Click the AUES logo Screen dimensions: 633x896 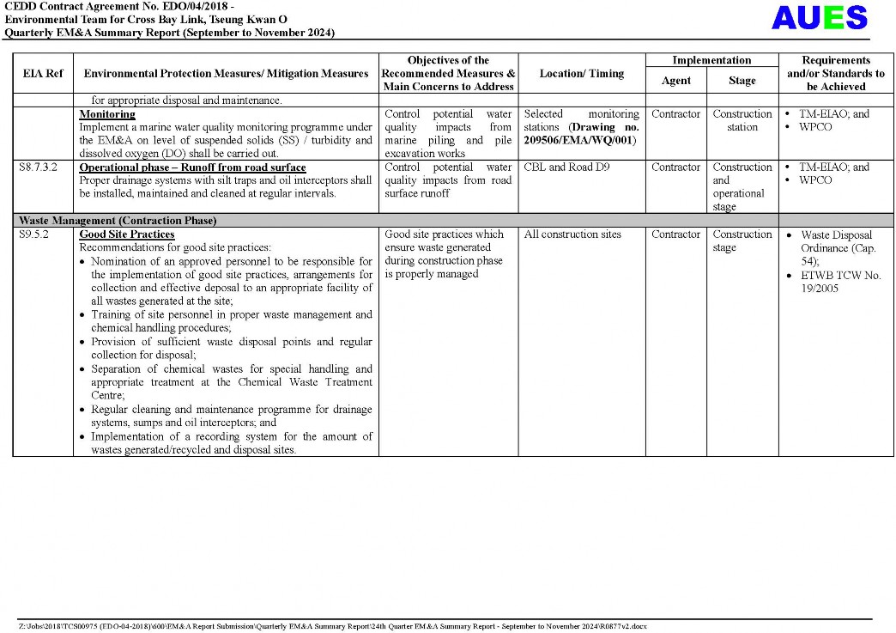(819, 18)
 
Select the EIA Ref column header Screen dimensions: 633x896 (43, 74)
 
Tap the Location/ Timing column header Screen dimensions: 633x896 (581, 74)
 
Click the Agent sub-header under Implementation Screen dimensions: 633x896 (675, 81)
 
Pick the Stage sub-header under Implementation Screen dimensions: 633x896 (742, 81)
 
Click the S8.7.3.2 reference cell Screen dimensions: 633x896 (38, 167)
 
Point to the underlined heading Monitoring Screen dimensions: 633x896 (107, 114)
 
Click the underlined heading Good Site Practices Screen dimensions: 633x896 (127, 234)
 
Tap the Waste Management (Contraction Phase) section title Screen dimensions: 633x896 (118, 221)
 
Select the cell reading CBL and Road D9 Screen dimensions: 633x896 (560, 167)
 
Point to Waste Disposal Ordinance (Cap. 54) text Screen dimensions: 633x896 (836, 247)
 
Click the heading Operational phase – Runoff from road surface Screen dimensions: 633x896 (192, 167)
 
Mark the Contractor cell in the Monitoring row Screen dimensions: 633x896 (675, 114)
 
